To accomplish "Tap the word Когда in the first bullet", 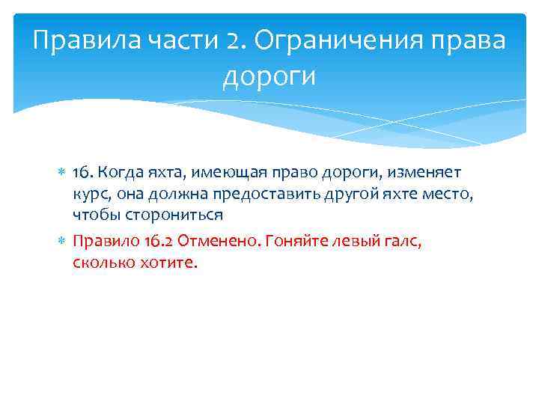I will (115, 174).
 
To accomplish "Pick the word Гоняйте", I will (290, 242).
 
